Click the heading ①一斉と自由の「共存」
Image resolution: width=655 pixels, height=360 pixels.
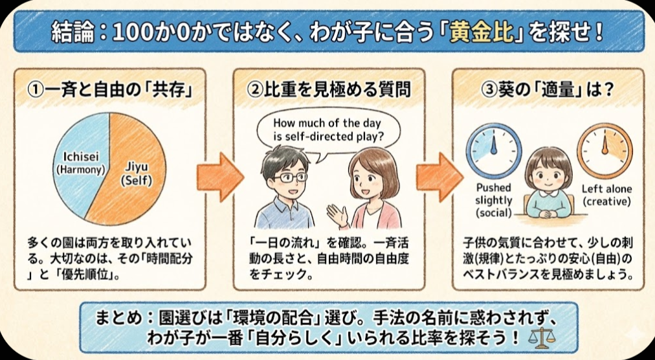(111, 90)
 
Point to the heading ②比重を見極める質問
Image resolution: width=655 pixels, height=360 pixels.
(329, 90)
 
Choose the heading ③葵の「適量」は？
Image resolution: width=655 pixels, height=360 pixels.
(548, 90)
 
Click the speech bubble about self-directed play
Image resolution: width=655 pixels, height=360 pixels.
(328, 130)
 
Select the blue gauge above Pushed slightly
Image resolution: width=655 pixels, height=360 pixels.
(494, 150)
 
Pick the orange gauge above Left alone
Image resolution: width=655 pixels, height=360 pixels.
(605, 150)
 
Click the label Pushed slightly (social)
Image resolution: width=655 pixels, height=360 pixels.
(493, 200)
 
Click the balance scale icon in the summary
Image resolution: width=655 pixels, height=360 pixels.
(539, 338)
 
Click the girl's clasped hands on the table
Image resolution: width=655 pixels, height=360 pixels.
(548, 214)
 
